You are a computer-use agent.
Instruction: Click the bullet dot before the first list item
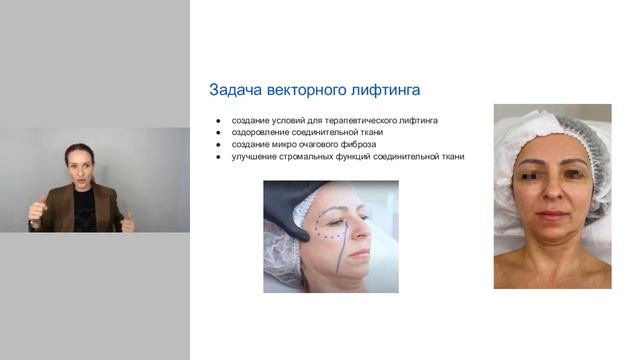tap(217, 120)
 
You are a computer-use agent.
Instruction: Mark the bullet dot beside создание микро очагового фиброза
tap(217, 144)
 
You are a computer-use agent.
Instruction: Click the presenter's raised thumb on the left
tap(39, 205)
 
